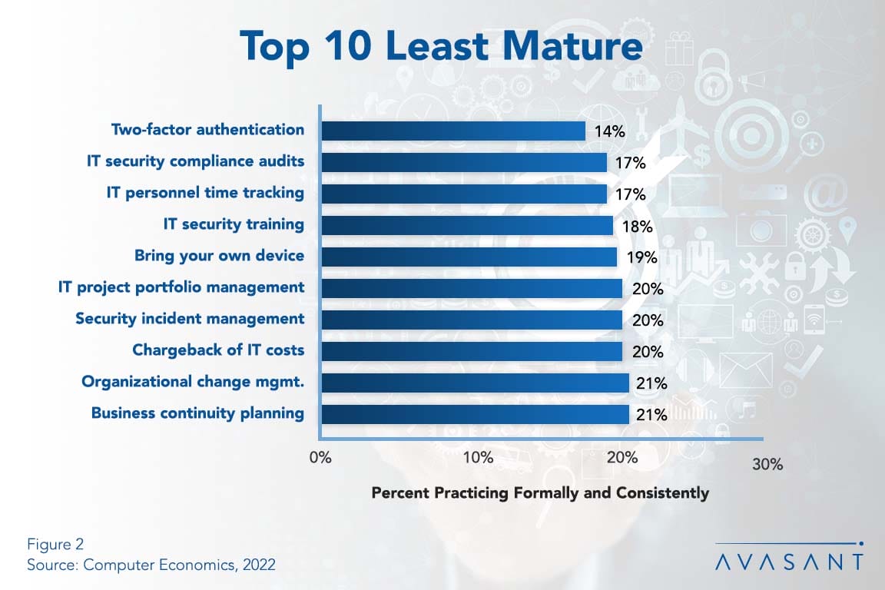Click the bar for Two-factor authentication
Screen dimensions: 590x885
[x=453, y=131]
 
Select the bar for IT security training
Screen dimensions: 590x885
[x=467, y=225]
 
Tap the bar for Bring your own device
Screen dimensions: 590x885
[x=469, y=257]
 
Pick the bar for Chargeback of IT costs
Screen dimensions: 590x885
[x=472, y=351]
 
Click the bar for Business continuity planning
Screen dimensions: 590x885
[x=475, y=414]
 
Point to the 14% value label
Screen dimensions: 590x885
[x=609, y=131]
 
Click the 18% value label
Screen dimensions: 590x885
[x=637, y=226]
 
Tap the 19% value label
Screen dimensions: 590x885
[x=640, y=257]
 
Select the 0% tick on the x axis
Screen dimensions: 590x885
[x=320, y=459]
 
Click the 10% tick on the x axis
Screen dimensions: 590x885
[x=478, y=459]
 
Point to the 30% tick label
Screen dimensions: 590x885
[x=767, y=465]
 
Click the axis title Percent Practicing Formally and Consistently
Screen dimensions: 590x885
[x=540, y=492]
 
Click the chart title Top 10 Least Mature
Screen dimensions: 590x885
[x=441, y=46]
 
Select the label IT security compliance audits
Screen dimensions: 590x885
[x=195, y=161]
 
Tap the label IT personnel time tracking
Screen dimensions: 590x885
[x=205, y=193]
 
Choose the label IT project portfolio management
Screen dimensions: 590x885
[x=181, y=287]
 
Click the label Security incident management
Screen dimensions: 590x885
[x=190, y=319]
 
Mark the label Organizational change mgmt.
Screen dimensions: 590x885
[x=193, y=382]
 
